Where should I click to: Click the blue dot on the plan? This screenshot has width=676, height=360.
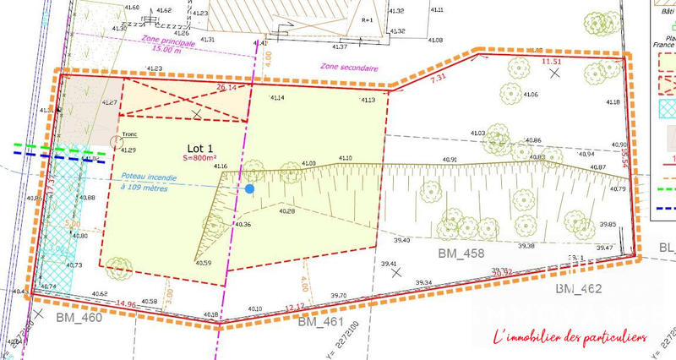(249, 189)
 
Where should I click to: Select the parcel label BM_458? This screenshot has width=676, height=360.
(461, 253)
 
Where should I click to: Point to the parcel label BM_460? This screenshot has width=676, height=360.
(79, 318)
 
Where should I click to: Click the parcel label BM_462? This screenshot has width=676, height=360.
(577, 289)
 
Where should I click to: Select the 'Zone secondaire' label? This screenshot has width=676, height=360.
(349, 68)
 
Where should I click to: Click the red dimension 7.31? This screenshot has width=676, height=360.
(438, 78)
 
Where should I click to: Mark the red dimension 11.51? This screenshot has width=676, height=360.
(551, 61)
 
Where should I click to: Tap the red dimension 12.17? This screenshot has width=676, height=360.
(296, 307)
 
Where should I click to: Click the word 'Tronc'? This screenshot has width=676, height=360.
(128, 134)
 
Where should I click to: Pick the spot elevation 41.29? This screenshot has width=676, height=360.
(128, 150)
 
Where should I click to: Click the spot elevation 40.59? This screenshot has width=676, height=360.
(204, 263)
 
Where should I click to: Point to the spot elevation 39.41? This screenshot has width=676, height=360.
(389, 265)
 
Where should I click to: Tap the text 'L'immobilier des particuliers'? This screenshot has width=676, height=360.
(570, 337)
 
